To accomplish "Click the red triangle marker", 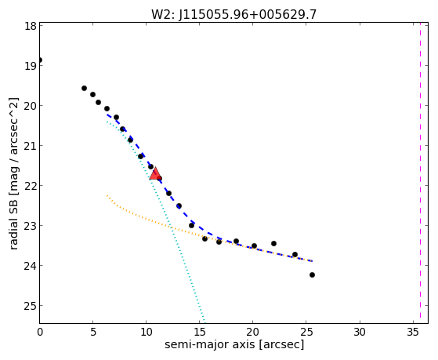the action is (x=155, y=174).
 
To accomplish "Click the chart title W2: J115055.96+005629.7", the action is (x=233, y=14).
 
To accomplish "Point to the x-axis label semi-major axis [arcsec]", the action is (x=234, y=344).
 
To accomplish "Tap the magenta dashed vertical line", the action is (x=420, y=173).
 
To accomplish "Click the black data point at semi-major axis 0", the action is (x=40, y=60).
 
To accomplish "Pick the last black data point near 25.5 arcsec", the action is (x=312, y=275).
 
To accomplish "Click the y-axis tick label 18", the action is (x=30, y=26).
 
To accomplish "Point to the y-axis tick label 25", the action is (x=30, y=306).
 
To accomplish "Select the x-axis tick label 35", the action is (x=413, y=333).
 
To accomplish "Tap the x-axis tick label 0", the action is (x=40, y=333).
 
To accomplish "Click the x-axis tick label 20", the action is (x=253, y=333).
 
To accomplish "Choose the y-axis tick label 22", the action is (x=30, y=186).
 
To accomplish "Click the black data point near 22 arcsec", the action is (x=273, y=244).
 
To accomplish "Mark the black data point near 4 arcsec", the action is (x=84, y=89).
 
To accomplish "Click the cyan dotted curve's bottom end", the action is (x=205, y=323).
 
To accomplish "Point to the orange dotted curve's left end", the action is (x=107, y=195).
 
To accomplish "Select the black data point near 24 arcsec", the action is (x=295, y=255).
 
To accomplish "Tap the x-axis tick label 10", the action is (x=146, y=333).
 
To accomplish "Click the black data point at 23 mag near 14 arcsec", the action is (x=191, y=225).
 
